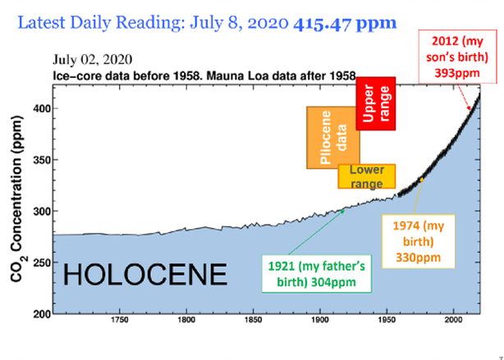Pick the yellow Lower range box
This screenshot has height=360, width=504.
click(367, 176)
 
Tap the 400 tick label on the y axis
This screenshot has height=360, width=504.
click(40, 108)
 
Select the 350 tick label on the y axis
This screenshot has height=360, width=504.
click(40, 160)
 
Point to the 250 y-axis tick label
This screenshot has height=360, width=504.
click(40, 263)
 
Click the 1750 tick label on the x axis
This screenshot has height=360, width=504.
click(119, 321)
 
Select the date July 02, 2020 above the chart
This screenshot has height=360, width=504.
click(92, 60)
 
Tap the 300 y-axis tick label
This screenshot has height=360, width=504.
click(40, 212)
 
